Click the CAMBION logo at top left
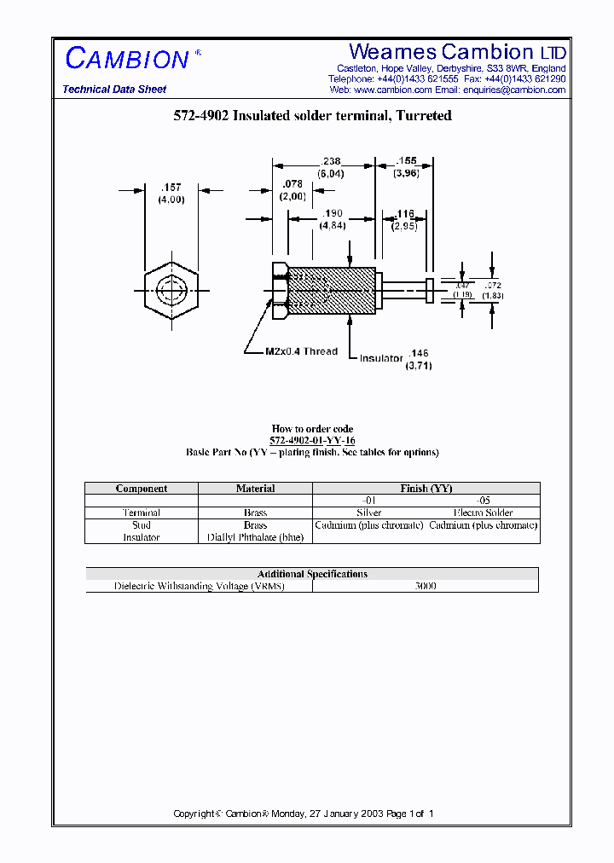128,58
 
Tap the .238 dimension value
331,160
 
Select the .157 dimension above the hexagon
171,188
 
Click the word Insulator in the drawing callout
380,358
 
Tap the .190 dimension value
332,213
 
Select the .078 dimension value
293,183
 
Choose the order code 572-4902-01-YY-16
312,441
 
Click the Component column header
142,489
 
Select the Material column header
255,489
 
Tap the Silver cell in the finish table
368,513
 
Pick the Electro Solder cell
484,513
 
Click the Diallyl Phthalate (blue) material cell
255,537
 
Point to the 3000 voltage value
426,587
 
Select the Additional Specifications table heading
312,574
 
